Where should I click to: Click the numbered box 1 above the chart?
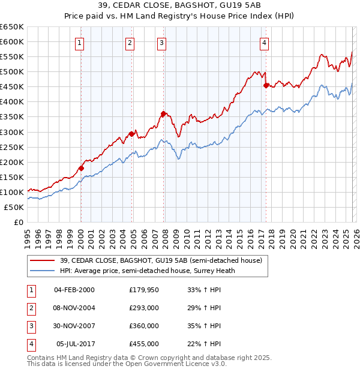[x=80, y=42]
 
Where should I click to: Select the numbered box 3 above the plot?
[x=162, y=42]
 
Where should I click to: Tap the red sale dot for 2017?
[x=266, y=85]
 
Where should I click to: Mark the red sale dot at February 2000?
[x=81, y=168]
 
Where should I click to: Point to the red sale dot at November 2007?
[x=163, y=113]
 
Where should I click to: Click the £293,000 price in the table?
[x=143, y=307]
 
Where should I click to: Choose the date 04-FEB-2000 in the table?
[x=74, y=289]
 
